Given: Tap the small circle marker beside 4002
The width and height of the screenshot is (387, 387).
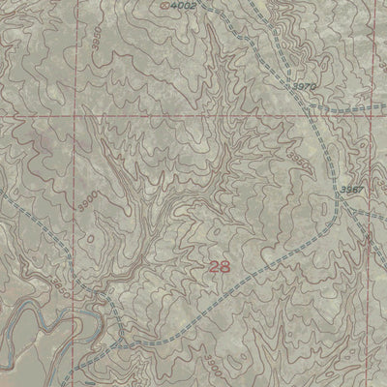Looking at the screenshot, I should click(x=164, y=6).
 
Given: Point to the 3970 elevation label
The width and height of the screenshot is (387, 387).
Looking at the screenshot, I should click(x=304, y=87).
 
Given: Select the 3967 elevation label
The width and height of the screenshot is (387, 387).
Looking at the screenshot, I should click(x=351, y=190).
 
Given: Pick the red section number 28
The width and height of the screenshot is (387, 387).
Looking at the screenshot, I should click(x=219, y=266).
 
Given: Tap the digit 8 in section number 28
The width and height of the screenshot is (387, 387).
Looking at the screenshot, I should click(x=225, y=266).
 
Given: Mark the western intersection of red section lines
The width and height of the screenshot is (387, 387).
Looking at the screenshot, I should click(x=72, y=116).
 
